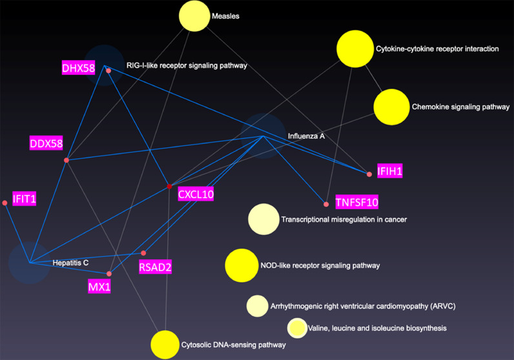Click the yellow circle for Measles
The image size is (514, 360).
coord(194,16)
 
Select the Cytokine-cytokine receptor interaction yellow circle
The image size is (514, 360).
coord(355,49)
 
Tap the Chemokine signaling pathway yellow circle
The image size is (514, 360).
coord(391,107)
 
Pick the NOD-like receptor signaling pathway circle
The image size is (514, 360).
coord(242,265)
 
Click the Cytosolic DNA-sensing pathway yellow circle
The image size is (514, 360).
coord(165,345)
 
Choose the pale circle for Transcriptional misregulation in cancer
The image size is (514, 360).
coord(263,219)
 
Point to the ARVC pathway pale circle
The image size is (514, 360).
coord(257,306)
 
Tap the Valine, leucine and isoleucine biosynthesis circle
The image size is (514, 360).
coord(297,328)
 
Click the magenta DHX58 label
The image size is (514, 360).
coord(79,68)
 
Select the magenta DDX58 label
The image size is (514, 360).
coord(46,143)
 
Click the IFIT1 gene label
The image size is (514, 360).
coord(24,199)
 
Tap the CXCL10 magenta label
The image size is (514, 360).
coord(196,194)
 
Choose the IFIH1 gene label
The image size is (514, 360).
coord(390,172)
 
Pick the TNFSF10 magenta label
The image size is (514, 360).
coord(356,203)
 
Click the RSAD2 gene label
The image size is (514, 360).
coord(155,266)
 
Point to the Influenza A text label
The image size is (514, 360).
coord(306,137)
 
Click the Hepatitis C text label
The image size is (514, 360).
coord(70,263)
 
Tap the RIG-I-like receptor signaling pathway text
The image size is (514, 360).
coord(187,66)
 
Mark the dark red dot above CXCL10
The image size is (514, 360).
coord(170,186)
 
